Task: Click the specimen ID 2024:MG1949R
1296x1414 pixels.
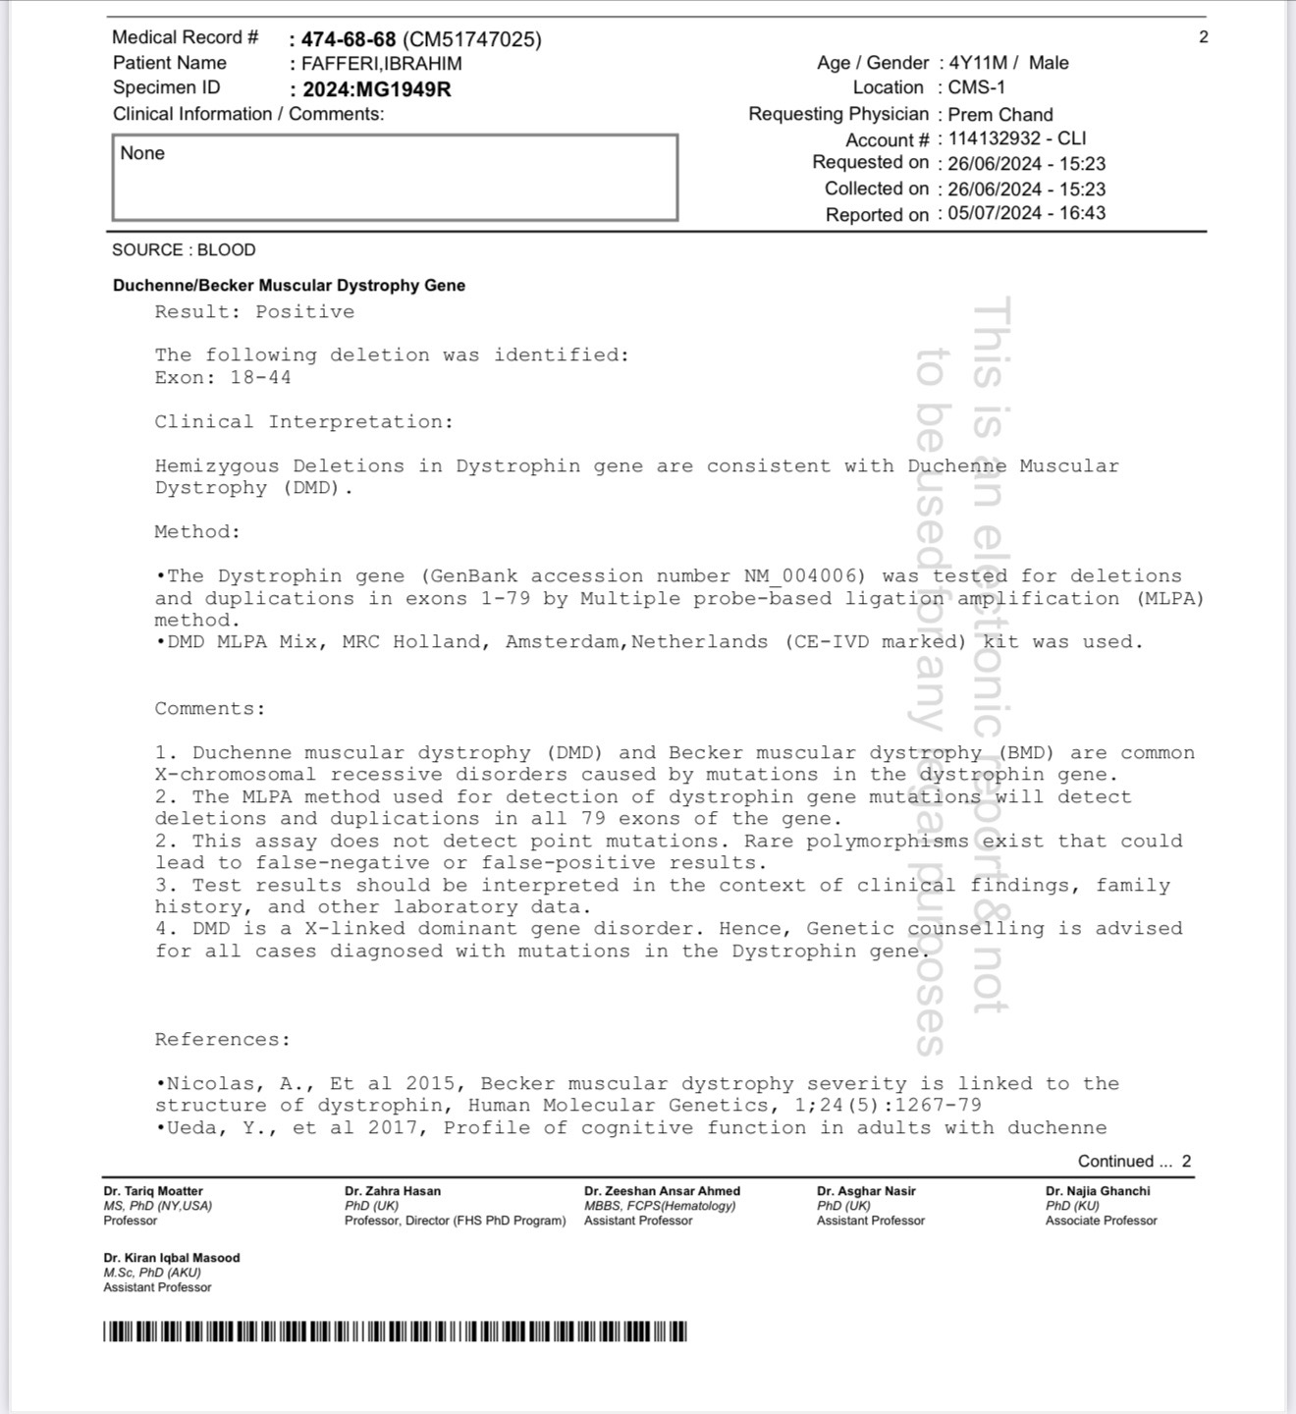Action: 377,89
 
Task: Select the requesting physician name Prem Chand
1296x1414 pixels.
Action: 999,115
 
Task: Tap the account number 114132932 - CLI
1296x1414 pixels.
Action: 1016,138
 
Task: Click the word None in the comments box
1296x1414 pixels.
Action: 142,153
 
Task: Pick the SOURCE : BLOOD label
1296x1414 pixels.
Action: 184,250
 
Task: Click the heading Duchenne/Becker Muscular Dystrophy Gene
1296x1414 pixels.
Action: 289,286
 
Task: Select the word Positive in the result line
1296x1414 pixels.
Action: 304,312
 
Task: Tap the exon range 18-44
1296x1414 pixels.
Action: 260,378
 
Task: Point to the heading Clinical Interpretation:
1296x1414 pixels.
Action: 303,422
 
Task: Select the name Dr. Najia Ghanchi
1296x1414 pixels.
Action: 1098,1191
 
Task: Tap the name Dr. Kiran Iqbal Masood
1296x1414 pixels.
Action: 172,1258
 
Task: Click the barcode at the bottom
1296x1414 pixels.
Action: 395,1332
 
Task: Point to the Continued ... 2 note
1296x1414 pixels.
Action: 1134,1162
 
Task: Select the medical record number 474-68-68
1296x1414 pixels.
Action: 349,39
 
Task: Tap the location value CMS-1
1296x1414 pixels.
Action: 976,87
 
